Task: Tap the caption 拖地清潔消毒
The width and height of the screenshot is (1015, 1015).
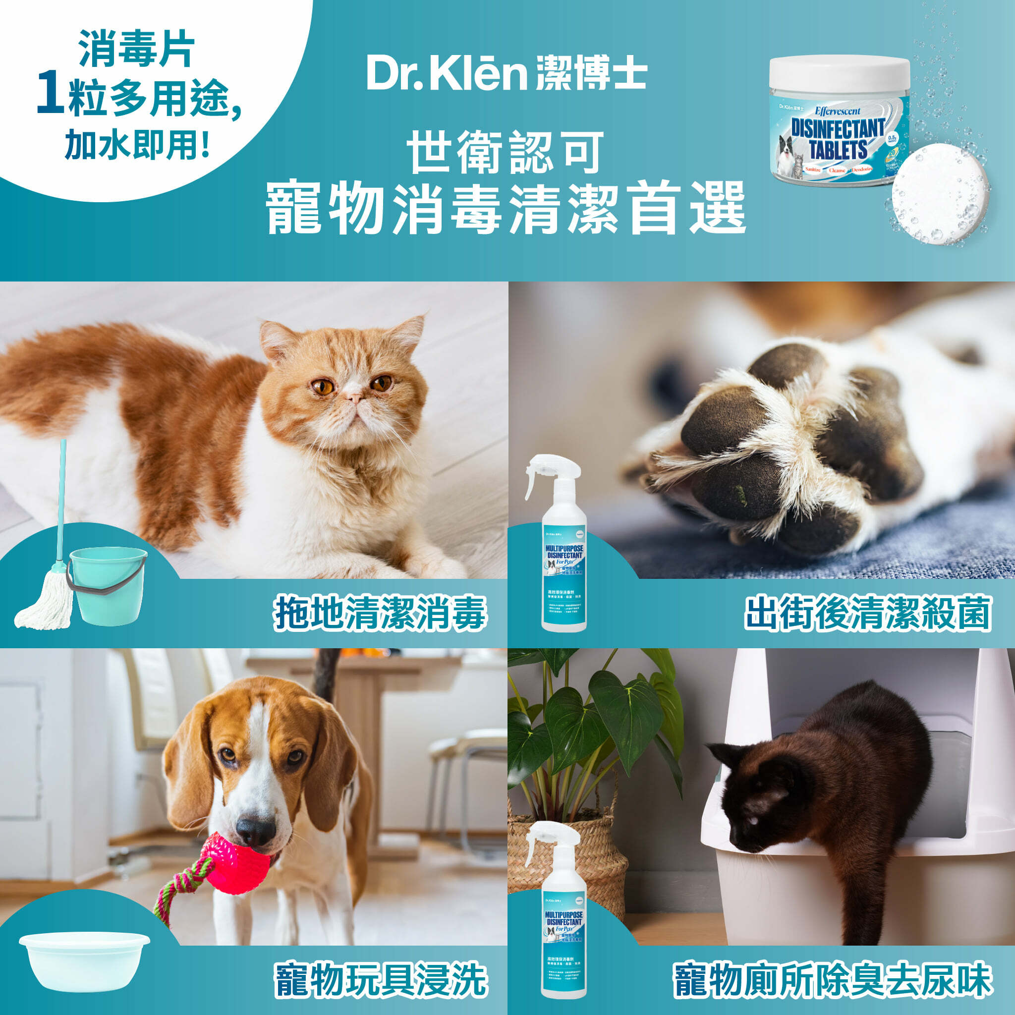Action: (379, 613)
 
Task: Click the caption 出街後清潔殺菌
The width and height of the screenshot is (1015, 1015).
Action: (867, 613)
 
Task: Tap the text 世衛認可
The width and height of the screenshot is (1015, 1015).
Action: (506, 152)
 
